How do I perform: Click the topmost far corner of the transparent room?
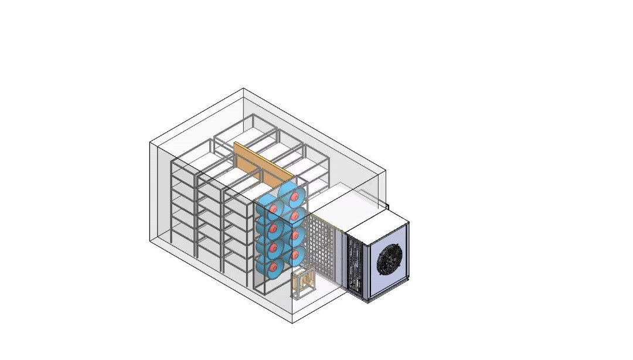pos(243,89)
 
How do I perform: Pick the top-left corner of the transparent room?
pos(149,141)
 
